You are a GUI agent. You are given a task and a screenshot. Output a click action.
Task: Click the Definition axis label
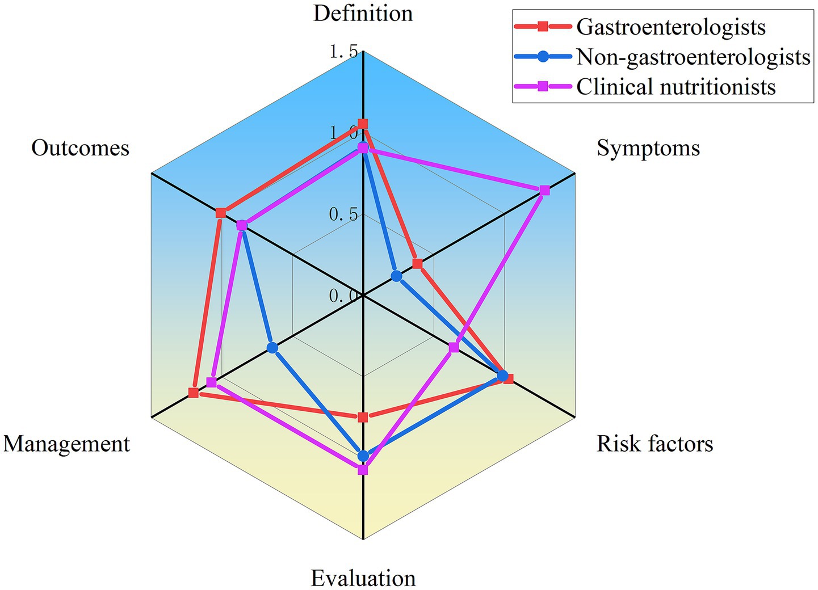pos(363,14)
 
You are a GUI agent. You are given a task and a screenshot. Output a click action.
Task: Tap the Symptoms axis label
pos(648,149)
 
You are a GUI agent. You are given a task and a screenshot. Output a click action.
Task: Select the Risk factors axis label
pos(655,444)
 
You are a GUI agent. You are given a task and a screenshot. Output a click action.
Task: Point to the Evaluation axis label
pos(363,579)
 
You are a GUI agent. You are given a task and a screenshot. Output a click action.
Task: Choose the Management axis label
pos(67,444)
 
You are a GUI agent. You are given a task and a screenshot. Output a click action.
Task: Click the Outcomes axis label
pos(81,149)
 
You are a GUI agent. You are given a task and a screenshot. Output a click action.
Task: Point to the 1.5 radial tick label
pos(344,52)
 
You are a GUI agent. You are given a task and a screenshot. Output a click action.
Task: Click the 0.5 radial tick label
pos(344,215)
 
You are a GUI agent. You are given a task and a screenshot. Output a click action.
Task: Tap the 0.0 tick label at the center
pos(344,296)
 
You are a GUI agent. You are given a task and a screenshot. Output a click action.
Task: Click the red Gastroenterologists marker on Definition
pos(363,124)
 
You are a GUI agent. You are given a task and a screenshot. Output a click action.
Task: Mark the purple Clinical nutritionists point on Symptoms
pos(544,190)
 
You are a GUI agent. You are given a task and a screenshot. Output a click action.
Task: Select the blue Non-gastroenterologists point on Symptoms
pos(396,276)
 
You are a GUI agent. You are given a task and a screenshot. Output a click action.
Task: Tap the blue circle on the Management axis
pos(272,347)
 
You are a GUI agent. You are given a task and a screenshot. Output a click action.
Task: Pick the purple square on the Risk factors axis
pos(453,347)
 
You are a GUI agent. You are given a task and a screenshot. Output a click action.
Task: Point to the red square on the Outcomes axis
pos(221,213)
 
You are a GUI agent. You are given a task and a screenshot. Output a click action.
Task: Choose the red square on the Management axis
pos(194,393)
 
